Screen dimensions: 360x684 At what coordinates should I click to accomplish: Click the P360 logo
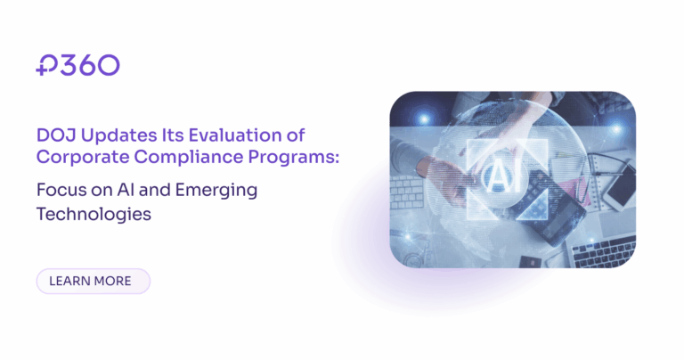[x=77, y=64]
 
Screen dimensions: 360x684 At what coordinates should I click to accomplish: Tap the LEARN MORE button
[x=93, y=282]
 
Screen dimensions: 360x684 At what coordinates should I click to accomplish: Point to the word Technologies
[x=93, y=215]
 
